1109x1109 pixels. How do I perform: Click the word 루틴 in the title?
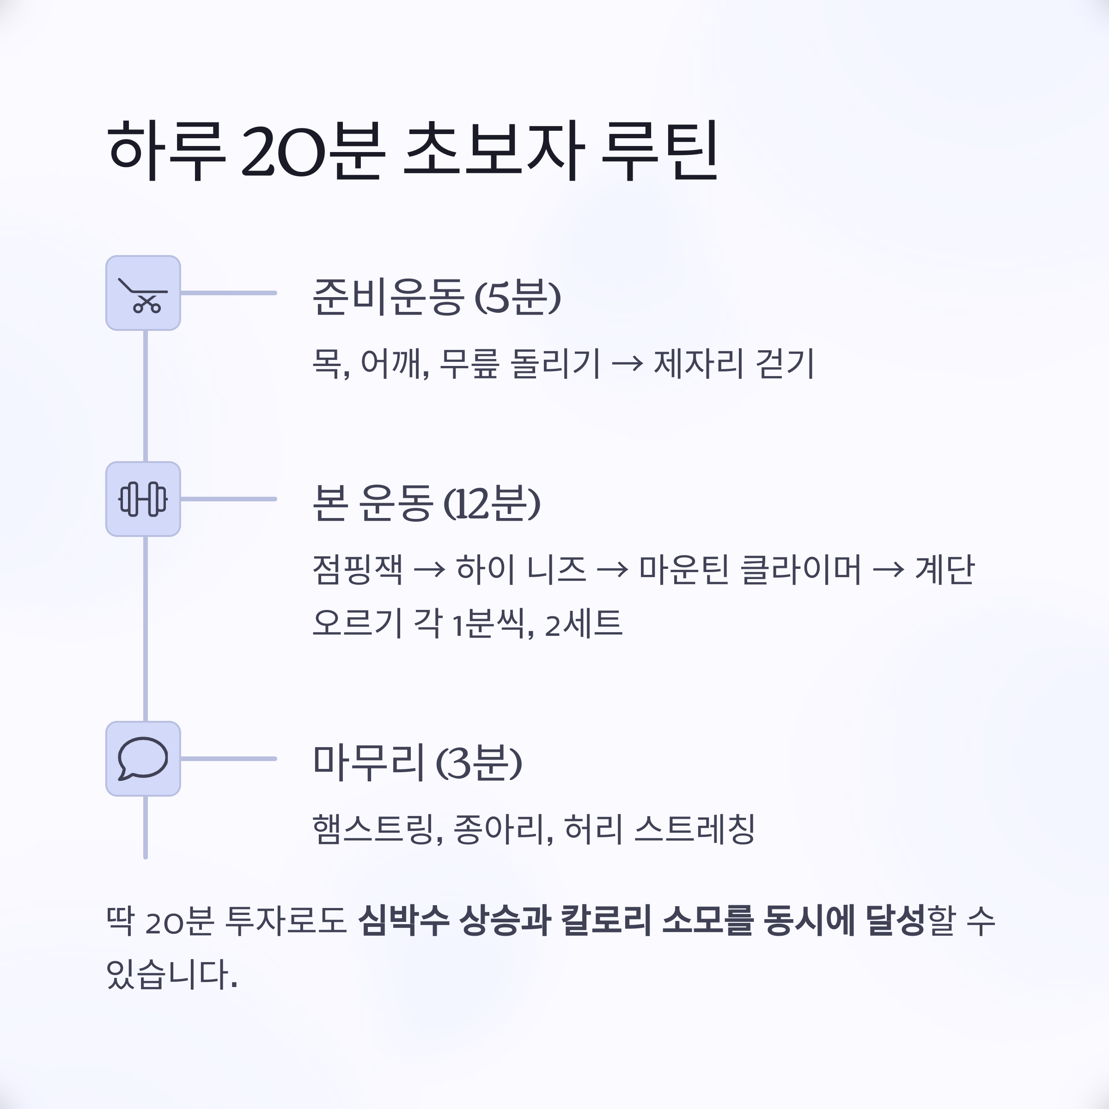(659, 150)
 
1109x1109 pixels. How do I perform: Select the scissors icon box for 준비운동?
(143, 293)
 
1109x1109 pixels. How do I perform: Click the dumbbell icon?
(143, 499)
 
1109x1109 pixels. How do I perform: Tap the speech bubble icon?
(143, 758)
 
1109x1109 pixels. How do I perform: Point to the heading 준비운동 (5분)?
(436, 297)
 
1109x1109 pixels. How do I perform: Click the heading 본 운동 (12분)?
(426, 503)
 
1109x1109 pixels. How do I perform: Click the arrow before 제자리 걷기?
(627, 364)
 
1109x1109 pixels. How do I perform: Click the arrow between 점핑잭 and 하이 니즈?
(429, 570)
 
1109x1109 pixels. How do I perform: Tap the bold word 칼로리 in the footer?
(606, 921)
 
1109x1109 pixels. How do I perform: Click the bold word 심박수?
(403, 921)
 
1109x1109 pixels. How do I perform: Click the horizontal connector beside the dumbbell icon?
(228, 499)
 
